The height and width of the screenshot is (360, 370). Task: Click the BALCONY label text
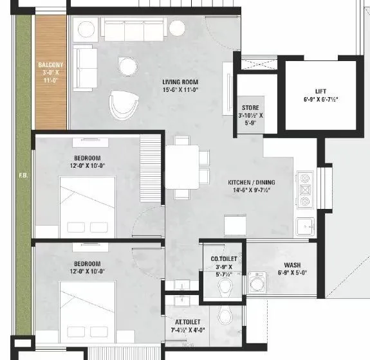click(x=50, y=65)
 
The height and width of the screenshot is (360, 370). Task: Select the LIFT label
click(x=320, y=92)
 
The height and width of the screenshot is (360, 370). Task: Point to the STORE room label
click(x=250, y=107)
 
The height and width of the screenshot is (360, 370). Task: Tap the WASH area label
click(x=295, y=265)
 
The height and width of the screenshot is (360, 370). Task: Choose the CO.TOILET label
click(x=225, y=258)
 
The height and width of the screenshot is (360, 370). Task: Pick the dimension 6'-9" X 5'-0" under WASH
click(x=295, y=273)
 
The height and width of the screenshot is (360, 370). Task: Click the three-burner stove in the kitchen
click(x=305, y=190)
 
